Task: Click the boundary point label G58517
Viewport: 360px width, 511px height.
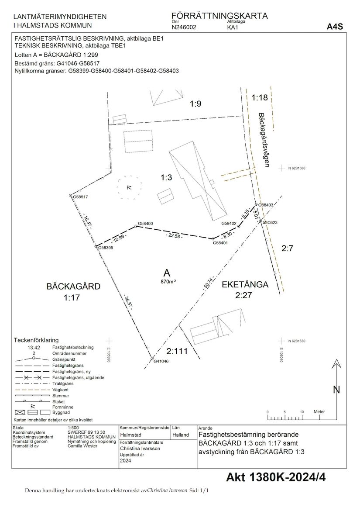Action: click(80, 197)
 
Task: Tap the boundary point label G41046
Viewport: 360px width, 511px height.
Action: click(161, 361)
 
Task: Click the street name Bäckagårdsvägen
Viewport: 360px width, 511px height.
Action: click(264, 140)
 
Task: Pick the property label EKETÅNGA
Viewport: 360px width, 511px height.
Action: click(245, 284)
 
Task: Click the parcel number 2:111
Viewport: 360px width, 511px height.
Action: click(177, 351)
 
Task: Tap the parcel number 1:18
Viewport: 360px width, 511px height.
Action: click(260, 97)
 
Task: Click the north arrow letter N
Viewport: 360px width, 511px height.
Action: click(336, 390)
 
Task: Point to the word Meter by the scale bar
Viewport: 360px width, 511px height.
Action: click(319, 411)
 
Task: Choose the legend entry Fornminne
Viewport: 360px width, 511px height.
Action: click(63, 407)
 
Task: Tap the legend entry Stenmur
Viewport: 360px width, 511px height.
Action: click(60, 396)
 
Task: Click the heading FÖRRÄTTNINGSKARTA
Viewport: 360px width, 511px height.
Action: click(219, 16)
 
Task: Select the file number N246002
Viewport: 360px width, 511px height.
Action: click(184, 28)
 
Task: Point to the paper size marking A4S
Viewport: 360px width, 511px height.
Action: click(335, 27)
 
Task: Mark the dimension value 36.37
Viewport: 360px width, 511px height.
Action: click(127, 301)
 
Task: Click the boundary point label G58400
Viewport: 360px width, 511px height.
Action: click(145, 224)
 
